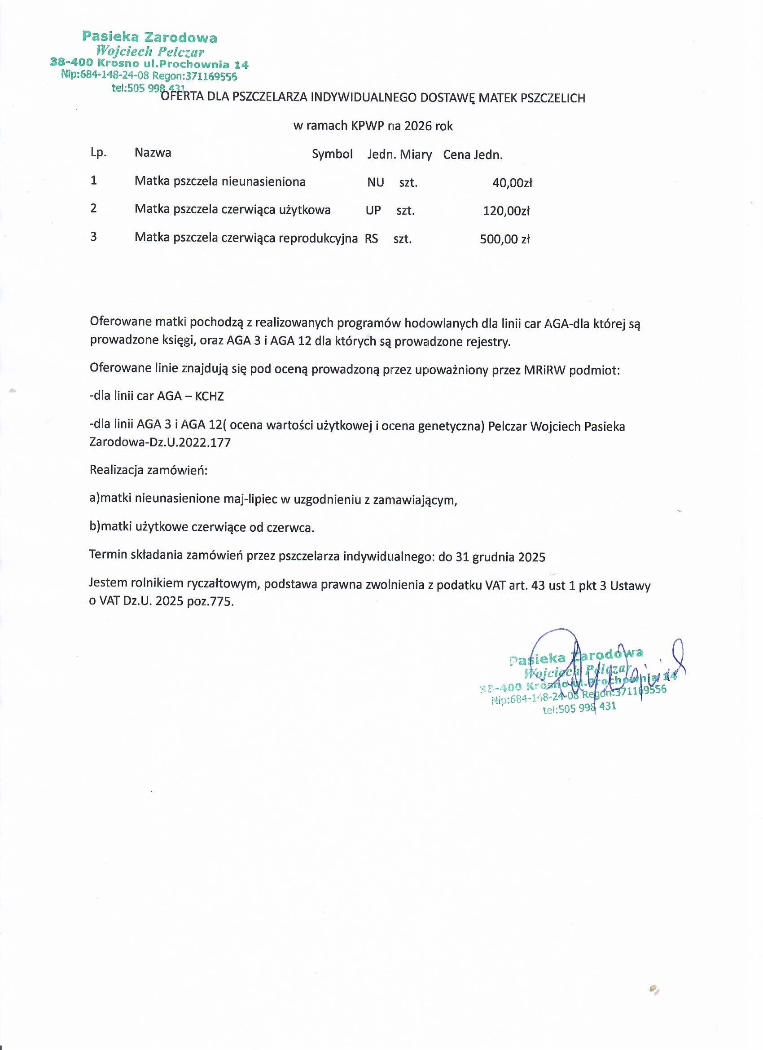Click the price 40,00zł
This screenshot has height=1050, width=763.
tap(512, 183)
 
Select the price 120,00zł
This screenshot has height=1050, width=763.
tap(506, 211)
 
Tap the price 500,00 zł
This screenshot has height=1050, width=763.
tap(505, 239)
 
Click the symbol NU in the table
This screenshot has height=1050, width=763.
tap(375, 182)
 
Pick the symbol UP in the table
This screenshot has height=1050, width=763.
tap(373, 210)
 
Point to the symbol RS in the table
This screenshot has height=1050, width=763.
tap(371, 238)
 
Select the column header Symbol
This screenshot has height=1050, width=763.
tap(332, 154)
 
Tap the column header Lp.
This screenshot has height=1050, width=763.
tap(98, 153)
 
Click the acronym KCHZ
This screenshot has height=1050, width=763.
tap(210, 396)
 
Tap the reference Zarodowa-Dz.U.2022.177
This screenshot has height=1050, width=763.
tap(160, 443)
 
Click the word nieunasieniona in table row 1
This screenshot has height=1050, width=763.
tap(263, 181)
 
